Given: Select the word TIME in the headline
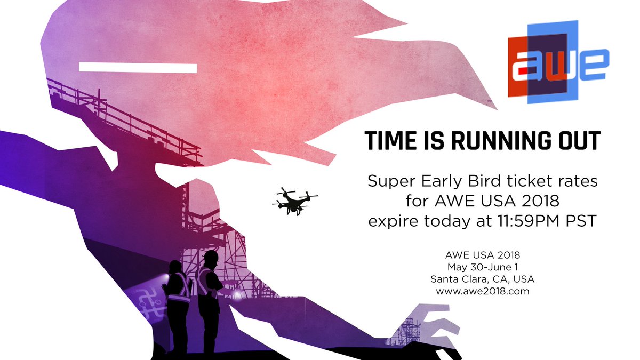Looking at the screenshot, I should coord(390,140).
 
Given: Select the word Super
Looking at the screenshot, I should coord(391,182).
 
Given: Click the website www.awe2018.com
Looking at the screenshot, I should coord(482,292).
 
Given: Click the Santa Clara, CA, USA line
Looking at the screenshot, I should coord(482,280).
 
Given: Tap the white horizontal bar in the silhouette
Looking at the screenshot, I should coord(138,68).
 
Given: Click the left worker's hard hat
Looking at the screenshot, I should coord(176,265).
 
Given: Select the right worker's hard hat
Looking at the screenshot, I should coord(210,257).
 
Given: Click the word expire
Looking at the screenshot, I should coord(393,221).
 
